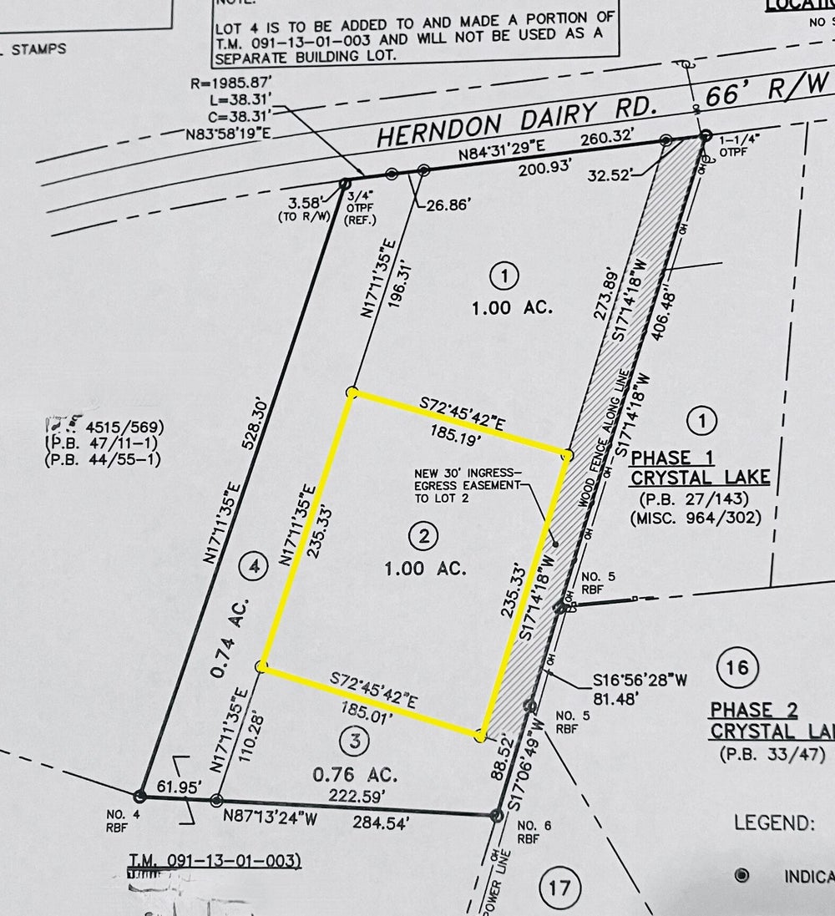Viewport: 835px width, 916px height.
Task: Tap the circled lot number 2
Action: click(424, 539)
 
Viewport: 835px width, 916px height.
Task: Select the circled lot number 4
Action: click(254, 567)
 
